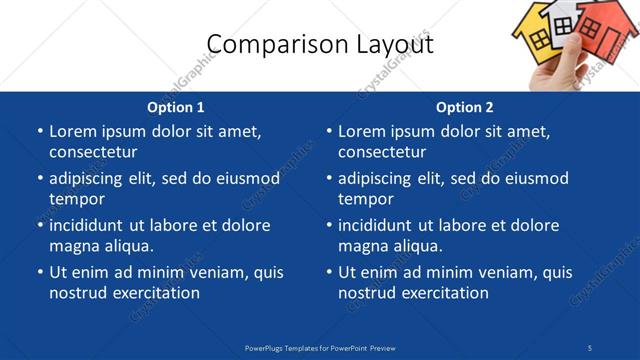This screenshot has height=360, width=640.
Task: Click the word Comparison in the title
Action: [x=265, y=43]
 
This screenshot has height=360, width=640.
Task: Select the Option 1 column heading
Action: [x=176, y=107]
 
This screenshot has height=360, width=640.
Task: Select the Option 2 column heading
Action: [x=465, y=107]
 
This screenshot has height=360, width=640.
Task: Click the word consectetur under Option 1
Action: [x=93, y=152]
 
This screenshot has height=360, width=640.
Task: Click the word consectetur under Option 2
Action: [x=382, y=152]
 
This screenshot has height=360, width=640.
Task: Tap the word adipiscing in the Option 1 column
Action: [x=92, y=179]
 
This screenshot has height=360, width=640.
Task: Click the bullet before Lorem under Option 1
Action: [x=39, y=131]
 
